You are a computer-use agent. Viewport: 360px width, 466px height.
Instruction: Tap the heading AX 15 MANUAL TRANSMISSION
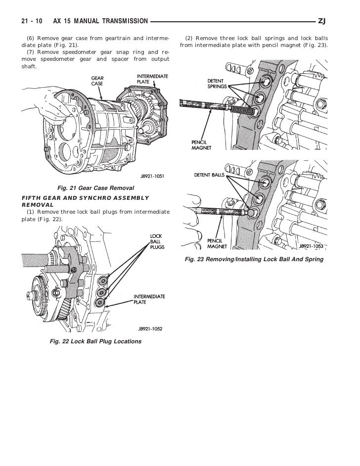[x=100, y=21]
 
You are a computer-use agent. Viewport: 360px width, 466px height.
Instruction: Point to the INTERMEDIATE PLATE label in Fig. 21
[x=152, y=79]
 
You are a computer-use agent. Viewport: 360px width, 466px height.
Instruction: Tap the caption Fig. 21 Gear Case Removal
[x=96, y=188]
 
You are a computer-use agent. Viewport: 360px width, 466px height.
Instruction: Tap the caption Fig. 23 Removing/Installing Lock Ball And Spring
[x=254, y=259]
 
